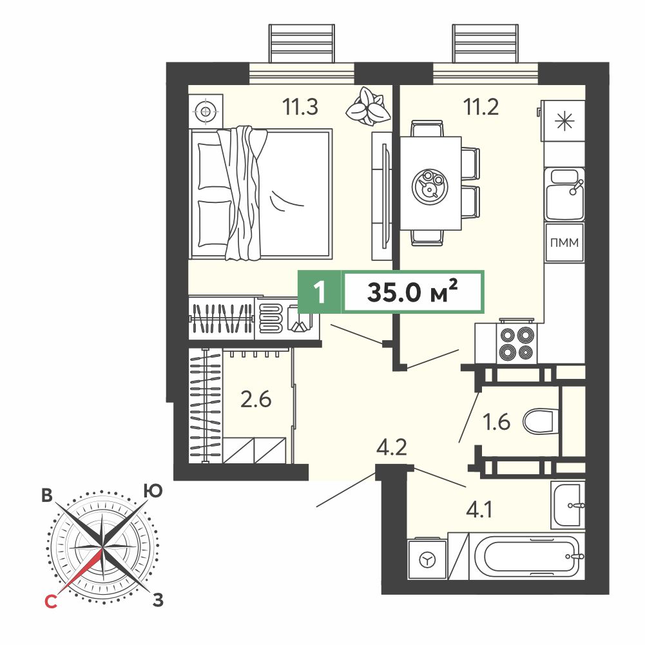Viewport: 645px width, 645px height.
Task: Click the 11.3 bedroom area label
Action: point(300,107)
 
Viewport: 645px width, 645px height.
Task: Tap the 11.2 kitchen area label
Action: point(481,107)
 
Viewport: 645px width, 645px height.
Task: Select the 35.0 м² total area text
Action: point(412,292)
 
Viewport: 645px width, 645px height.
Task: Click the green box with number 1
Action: point(319,292)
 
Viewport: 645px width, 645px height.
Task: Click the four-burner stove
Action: point(517,342)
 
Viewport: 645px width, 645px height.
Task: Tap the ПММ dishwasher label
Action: point(564,243)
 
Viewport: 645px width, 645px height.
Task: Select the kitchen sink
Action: point(564,194)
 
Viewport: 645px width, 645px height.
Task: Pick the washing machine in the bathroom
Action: point(427,559)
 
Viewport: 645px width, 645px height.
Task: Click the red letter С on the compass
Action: point(51,602)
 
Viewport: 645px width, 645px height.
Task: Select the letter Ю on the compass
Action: point(153,491)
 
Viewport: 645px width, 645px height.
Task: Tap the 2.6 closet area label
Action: point(256,399)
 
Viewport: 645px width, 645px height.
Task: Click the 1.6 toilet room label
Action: point(496,422)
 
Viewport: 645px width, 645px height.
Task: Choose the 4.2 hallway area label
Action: point(392,447)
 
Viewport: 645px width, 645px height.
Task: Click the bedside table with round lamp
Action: point(206,111)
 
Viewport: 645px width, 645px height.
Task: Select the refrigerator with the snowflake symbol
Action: point(563,121)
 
